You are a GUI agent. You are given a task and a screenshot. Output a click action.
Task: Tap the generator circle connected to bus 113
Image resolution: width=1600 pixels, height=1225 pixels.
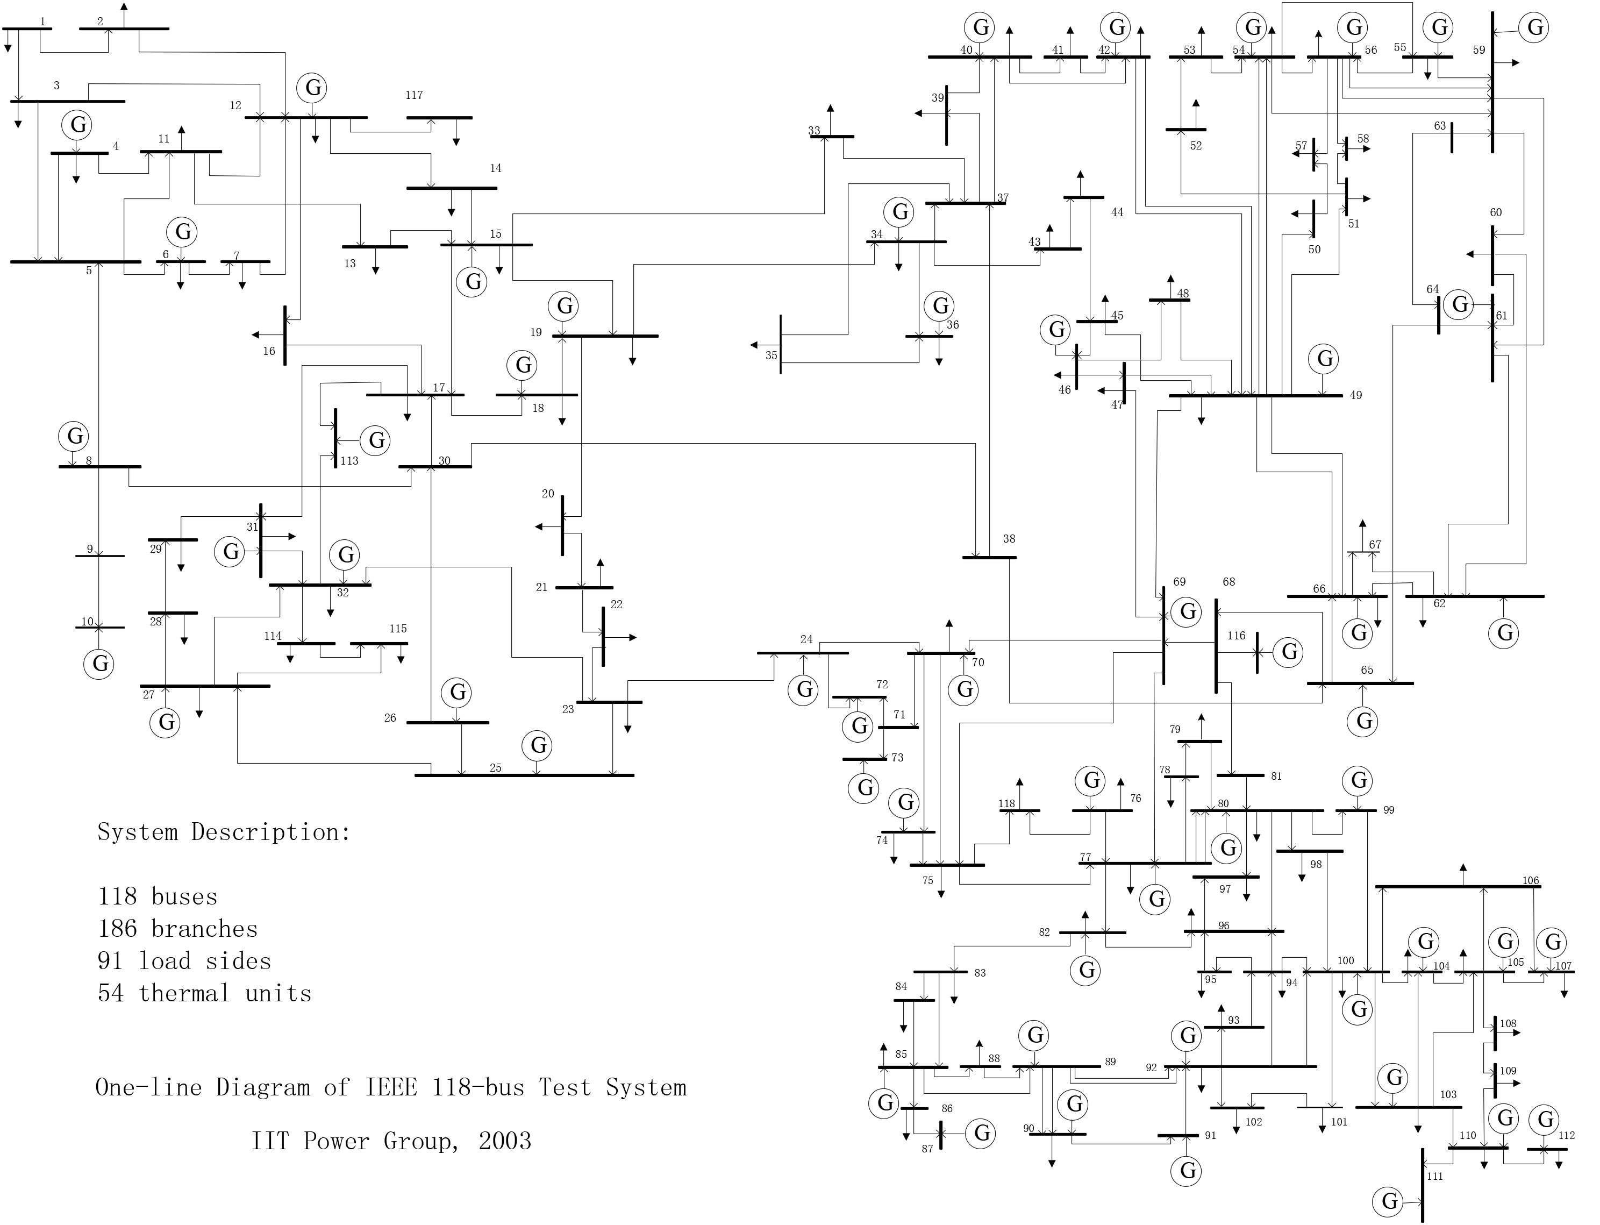(x=376, y=440)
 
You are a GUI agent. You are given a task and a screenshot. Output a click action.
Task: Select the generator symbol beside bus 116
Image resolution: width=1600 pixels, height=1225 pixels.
(x=1289, y=651)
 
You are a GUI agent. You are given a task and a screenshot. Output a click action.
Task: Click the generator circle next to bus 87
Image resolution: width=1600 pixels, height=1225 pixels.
(x=982, y=1133)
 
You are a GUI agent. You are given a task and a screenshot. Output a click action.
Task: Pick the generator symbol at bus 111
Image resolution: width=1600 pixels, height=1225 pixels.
(x=1389, y=1201)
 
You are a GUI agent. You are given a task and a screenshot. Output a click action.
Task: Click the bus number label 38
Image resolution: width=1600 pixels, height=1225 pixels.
(x=1009, y=539)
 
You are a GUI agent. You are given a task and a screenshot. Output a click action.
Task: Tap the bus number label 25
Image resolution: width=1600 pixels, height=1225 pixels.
(x=496, y=768)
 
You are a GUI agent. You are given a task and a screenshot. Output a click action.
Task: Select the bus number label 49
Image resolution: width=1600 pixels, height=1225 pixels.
(x=1356, y=395)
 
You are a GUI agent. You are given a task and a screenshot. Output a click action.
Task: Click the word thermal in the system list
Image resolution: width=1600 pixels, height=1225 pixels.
(x=184, y=993)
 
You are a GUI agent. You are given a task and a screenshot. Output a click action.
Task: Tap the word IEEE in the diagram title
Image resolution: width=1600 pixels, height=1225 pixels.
(x=391, y=1087)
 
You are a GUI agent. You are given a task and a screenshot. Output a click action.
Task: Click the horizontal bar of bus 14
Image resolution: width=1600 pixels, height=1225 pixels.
(x=451, y=188)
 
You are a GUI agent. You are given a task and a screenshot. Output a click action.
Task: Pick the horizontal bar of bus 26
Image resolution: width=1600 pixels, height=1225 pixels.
(x=447, y=723)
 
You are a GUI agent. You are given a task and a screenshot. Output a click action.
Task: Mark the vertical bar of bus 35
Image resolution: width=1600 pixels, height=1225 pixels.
(x=781, y=344)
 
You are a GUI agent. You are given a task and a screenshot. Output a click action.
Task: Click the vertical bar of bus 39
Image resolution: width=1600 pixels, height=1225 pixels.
(x=947, y=115)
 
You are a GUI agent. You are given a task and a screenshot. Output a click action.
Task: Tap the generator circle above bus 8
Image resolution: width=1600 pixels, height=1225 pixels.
(x=74, y=436)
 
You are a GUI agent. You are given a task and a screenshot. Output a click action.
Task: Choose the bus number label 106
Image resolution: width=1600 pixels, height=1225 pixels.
(x=1531, y=881)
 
